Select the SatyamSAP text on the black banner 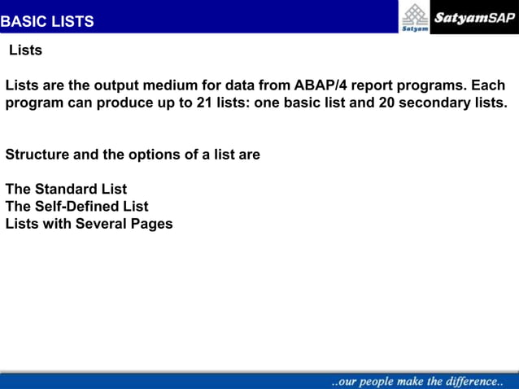click(474, 17)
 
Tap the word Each click(488, 85)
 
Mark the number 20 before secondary click(387, 103)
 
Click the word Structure click(37, 154)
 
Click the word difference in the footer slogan click(469, 381)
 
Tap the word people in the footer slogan click(380, 381)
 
